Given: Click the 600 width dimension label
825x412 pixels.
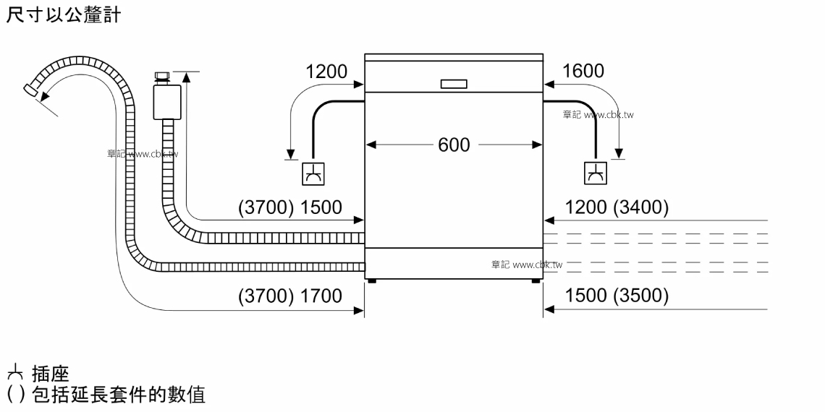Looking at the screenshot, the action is pyautogui.click(x=454, y=145).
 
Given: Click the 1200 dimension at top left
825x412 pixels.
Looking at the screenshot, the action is pyautogui.click(x=326, y=71).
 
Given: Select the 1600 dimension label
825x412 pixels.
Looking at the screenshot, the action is pyautogui.click(x=583, y=71).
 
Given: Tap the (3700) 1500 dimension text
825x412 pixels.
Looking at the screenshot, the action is pyautogui.click(x=290, y=207).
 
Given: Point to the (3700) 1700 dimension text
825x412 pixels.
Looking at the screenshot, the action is pyautogui.click(x=290, y=296).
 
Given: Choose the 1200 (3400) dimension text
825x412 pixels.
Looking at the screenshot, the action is pyautogui.click(x=617, y=207).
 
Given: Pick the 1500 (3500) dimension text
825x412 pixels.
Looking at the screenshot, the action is pyautogui.click(x=617, y=296).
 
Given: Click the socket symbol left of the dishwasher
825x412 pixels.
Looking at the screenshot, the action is pyautogui.click(x=313, y=174).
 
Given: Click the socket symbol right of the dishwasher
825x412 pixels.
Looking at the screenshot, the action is pyautogui.click(x=596, y=173).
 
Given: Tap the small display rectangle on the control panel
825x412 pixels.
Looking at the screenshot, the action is pyautogui.click(x=454, y=84).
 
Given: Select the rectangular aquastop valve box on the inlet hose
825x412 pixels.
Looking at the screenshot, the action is pyautogui.click(x=166, y=102).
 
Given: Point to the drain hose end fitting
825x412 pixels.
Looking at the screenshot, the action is pyautogui.click(x=31, y=90).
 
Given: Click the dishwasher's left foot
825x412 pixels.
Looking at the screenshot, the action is pyautogui.click(x=373, y=281).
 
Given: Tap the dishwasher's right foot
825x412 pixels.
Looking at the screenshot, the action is pyautogui.click(x=535, y=281).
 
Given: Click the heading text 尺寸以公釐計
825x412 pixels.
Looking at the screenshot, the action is pyautogui.click(x=64, y=14).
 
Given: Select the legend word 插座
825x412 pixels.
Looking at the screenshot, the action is pyautogui.click(x=51, y=374).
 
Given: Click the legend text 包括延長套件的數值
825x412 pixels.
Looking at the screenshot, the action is pyautogui.click(x=119, y=394).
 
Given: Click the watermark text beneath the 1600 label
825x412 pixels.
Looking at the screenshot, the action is pyautogui.click(x=598, y=114).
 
